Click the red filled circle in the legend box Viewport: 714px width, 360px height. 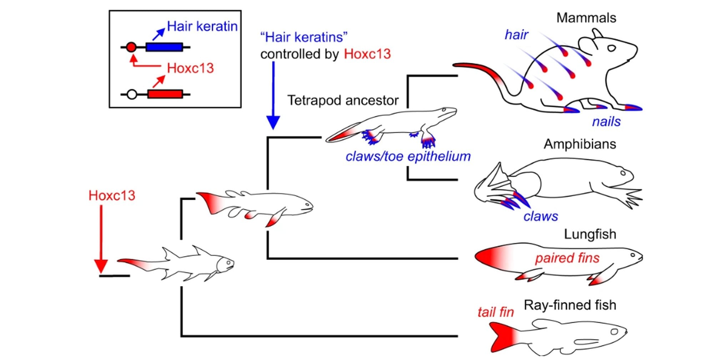131,47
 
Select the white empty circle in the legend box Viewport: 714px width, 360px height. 132,95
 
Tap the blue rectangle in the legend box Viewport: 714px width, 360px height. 164,47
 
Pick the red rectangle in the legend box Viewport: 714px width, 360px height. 165,94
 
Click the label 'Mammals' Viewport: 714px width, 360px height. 586,18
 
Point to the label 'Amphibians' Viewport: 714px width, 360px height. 580,144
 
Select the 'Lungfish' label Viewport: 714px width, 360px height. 590,234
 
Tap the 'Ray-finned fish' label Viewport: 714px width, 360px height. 570,305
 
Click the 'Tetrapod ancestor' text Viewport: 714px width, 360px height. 343,100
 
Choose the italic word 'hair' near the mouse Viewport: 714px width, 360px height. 516,35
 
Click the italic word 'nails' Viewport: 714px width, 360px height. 606,122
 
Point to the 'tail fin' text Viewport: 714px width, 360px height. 496,312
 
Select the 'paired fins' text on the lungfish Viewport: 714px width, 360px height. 567,258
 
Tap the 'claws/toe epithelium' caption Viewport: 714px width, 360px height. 408,156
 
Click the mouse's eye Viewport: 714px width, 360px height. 612,48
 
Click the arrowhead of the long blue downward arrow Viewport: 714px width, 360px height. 273,122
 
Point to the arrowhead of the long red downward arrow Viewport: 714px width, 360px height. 101,266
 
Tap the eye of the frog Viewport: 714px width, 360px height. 623,173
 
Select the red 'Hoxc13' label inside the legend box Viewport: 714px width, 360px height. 190,68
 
